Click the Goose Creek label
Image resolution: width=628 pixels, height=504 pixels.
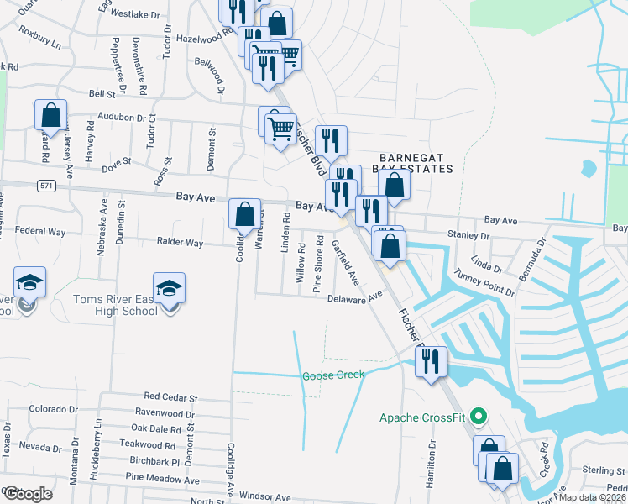(333, 375)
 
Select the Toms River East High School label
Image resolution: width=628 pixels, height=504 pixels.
(115, 305)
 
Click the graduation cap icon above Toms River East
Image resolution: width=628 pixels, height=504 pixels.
(170, 287)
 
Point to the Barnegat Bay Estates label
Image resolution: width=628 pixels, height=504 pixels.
(416, 163)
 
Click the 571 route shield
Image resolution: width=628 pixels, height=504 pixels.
(47, 185)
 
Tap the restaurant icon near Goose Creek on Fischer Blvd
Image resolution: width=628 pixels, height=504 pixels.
(431, 362)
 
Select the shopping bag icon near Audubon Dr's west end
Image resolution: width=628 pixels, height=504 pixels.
(51, 114)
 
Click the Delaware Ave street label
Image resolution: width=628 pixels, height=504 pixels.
(354, 297)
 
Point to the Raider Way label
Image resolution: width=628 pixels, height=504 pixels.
(180, 243)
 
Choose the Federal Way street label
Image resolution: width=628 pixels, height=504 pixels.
(40, 231)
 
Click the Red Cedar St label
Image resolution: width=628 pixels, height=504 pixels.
(170, 396)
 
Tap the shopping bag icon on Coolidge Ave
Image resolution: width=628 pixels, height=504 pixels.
(244, 215)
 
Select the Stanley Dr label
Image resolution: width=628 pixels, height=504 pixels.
(468, 234)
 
